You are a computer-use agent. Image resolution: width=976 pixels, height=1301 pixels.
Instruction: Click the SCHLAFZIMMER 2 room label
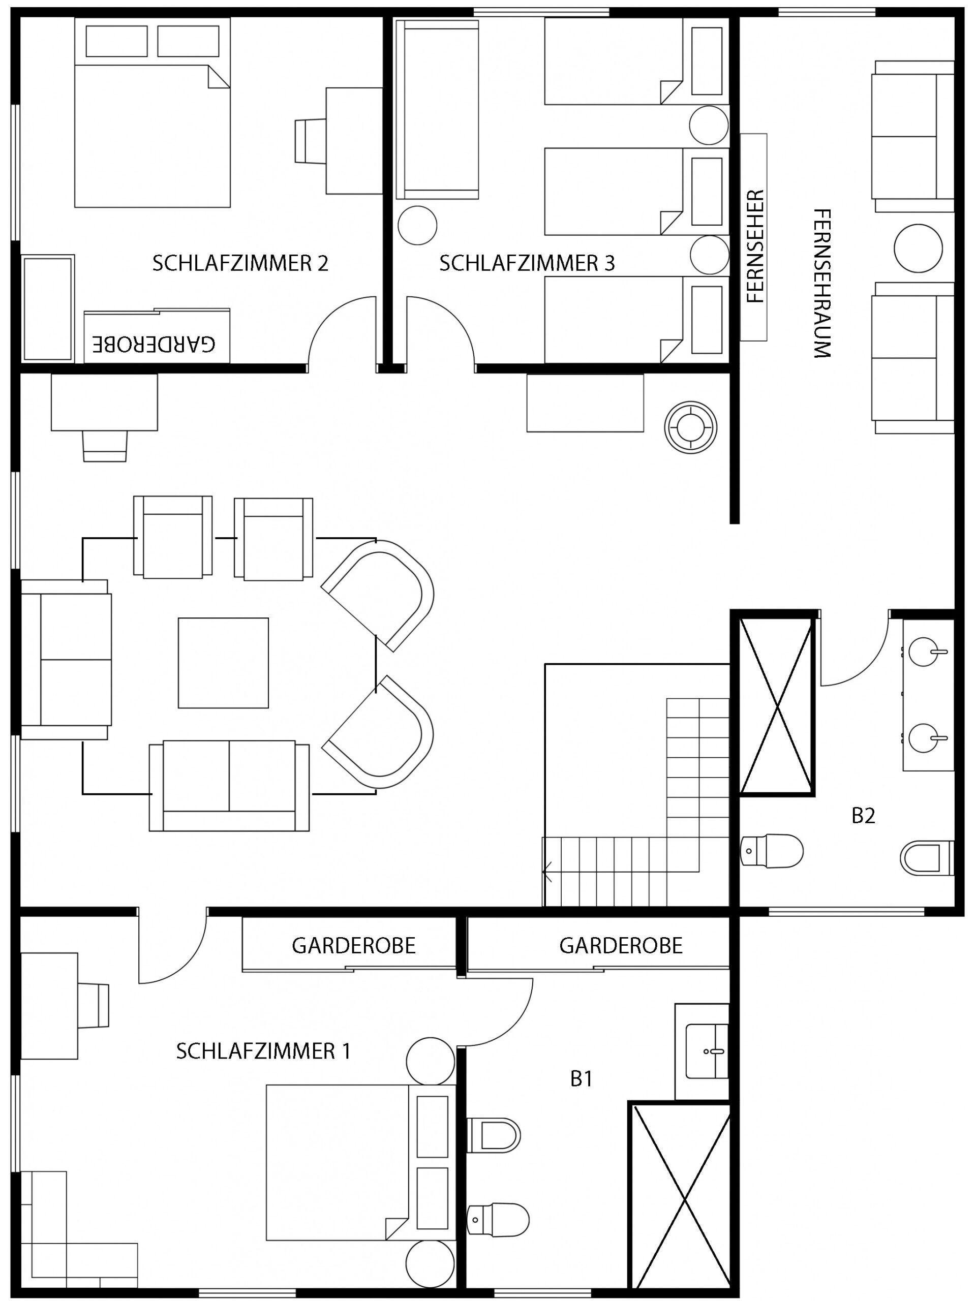(240, 263)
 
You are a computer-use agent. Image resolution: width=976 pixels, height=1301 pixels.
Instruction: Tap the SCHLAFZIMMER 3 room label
(527, 263)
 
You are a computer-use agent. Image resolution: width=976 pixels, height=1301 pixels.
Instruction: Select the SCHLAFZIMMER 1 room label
(263, 1051)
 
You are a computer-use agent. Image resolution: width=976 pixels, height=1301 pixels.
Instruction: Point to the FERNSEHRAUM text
(822, 284)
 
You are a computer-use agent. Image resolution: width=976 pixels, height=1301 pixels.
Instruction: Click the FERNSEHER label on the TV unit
(755, 246)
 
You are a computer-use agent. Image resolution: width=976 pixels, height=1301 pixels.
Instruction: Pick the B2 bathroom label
(864, 816)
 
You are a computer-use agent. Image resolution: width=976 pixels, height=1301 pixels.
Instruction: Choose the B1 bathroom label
(581, 1079)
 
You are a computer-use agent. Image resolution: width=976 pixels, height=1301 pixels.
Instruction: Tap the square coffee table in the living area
(224, 663)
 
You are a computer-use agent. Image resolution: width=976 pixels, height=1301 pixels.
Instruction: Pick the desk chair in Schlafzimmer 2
(310, 141)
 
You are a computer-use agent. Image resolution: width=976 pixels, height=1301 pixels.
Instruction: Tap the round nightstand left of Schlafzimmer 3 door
(417, 225)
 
